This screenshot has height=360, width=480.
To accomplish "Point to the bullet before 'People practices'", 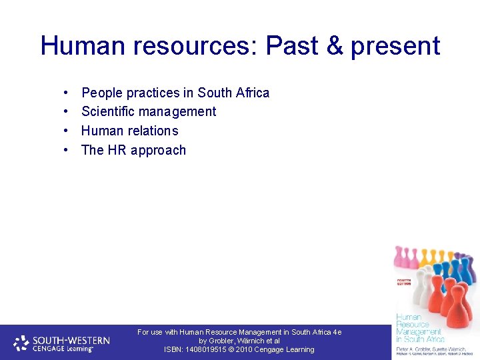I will (x=67, y=93).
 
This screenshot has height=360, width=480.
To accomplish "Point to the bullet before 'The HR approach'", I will (x=67, y=151).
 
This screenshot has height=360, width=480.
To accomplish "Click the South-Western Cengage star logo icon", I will (x=22, y=343).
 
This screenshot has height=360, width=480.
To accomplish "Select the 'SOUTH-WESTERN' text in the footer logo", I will (x=71, y=339).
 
